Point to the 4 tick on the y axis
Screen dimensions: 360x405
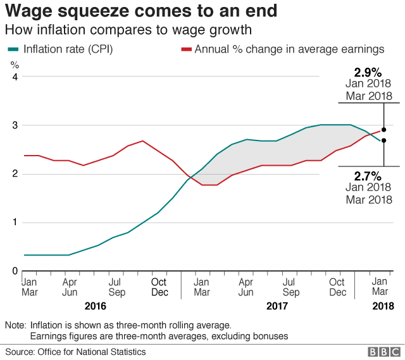tap(14, 77)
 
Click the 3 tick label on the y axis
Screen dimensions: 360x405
tap(14, 125)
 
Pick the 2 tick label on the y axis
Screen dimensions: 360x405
tap(14, 174)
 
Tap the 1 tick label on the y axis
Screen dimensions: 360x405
tap(14, 223)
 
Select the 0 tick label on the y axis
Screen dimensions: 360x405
tap(14, 271)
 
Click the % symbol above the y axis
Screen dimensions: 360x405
tap(15, 64)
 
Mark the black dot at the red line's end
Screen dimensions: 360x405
tap(383, 129)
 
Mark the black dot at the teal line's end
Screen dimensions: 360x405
tap(383, 140)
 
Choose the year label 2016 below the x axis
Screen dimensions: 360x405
tap(95, 306)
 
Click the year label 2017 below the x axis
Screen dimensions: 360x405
tap(277, 306)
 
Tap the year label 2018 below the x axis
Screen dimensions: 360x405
tap(382, 306)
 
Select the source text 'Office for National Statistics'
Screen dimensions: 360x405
tap(92, 352)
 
